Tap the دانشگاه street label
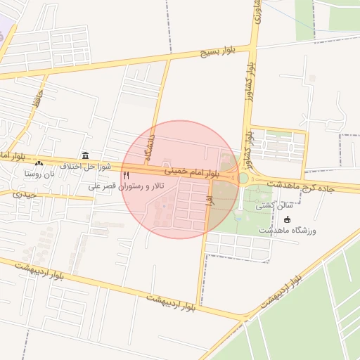(149, 148)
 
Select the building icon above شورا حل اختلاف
(85, 155)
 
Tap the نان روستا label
(39, 173)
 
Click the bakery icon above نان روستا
(39, 163)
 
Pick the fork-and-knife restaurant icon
(127, 174)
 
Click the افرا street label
(209, 200)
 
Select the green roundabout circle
(243, 178)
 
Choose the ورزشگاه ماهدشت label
(288, 231)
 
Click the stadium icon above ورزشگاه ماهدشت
(287, 220)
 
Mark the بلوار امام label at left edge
(12, 154)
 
